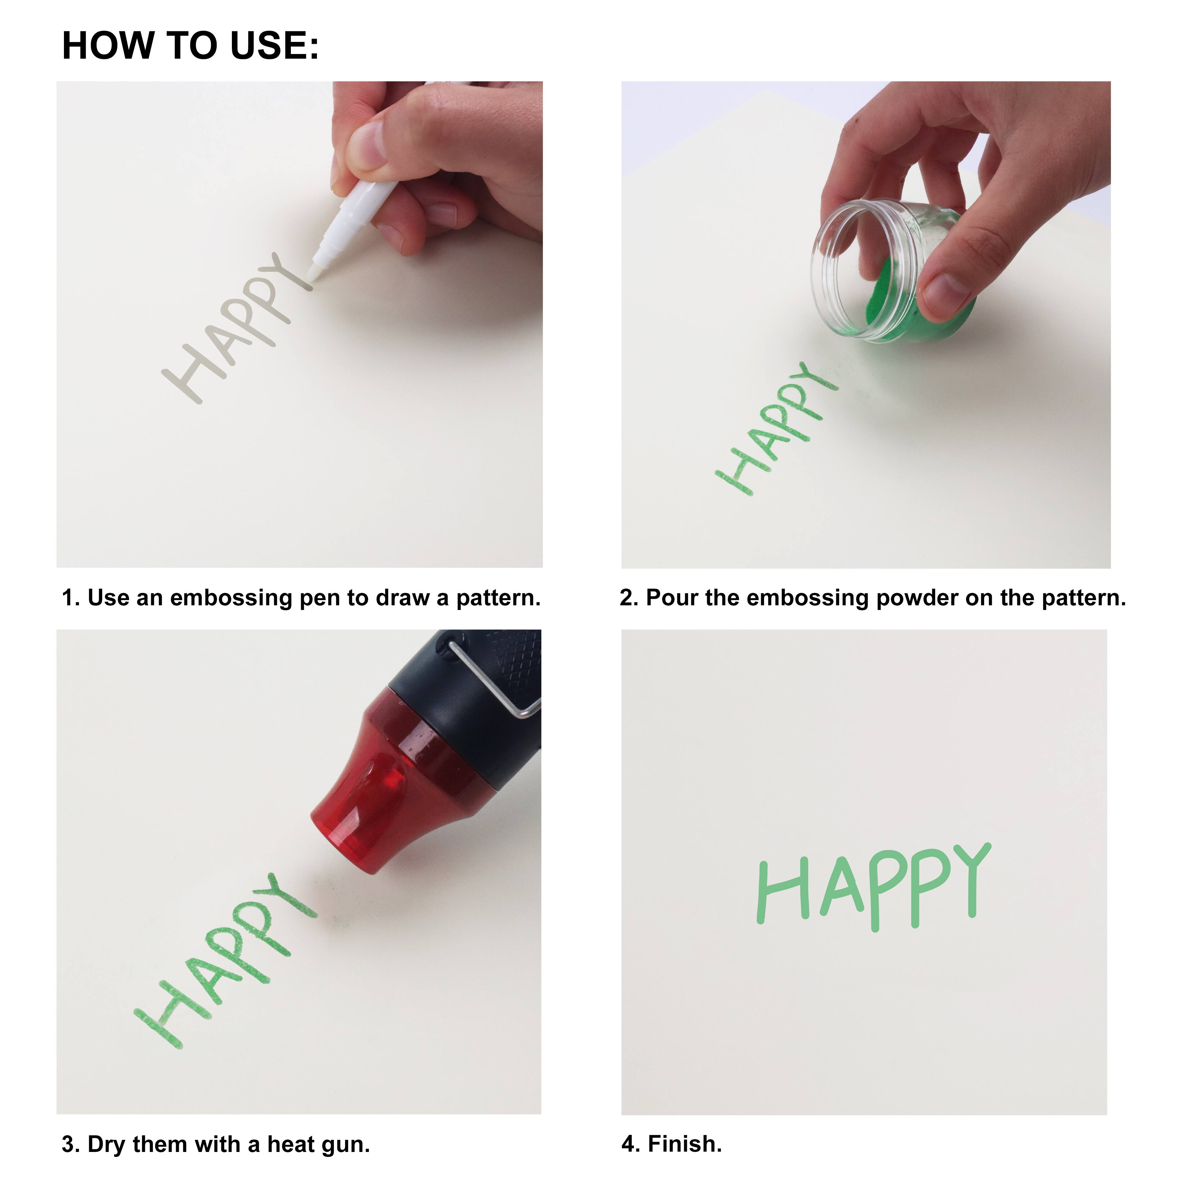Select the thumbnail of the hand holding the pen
coord(300,324)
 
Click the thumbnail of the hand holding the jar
coord(866,324)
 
